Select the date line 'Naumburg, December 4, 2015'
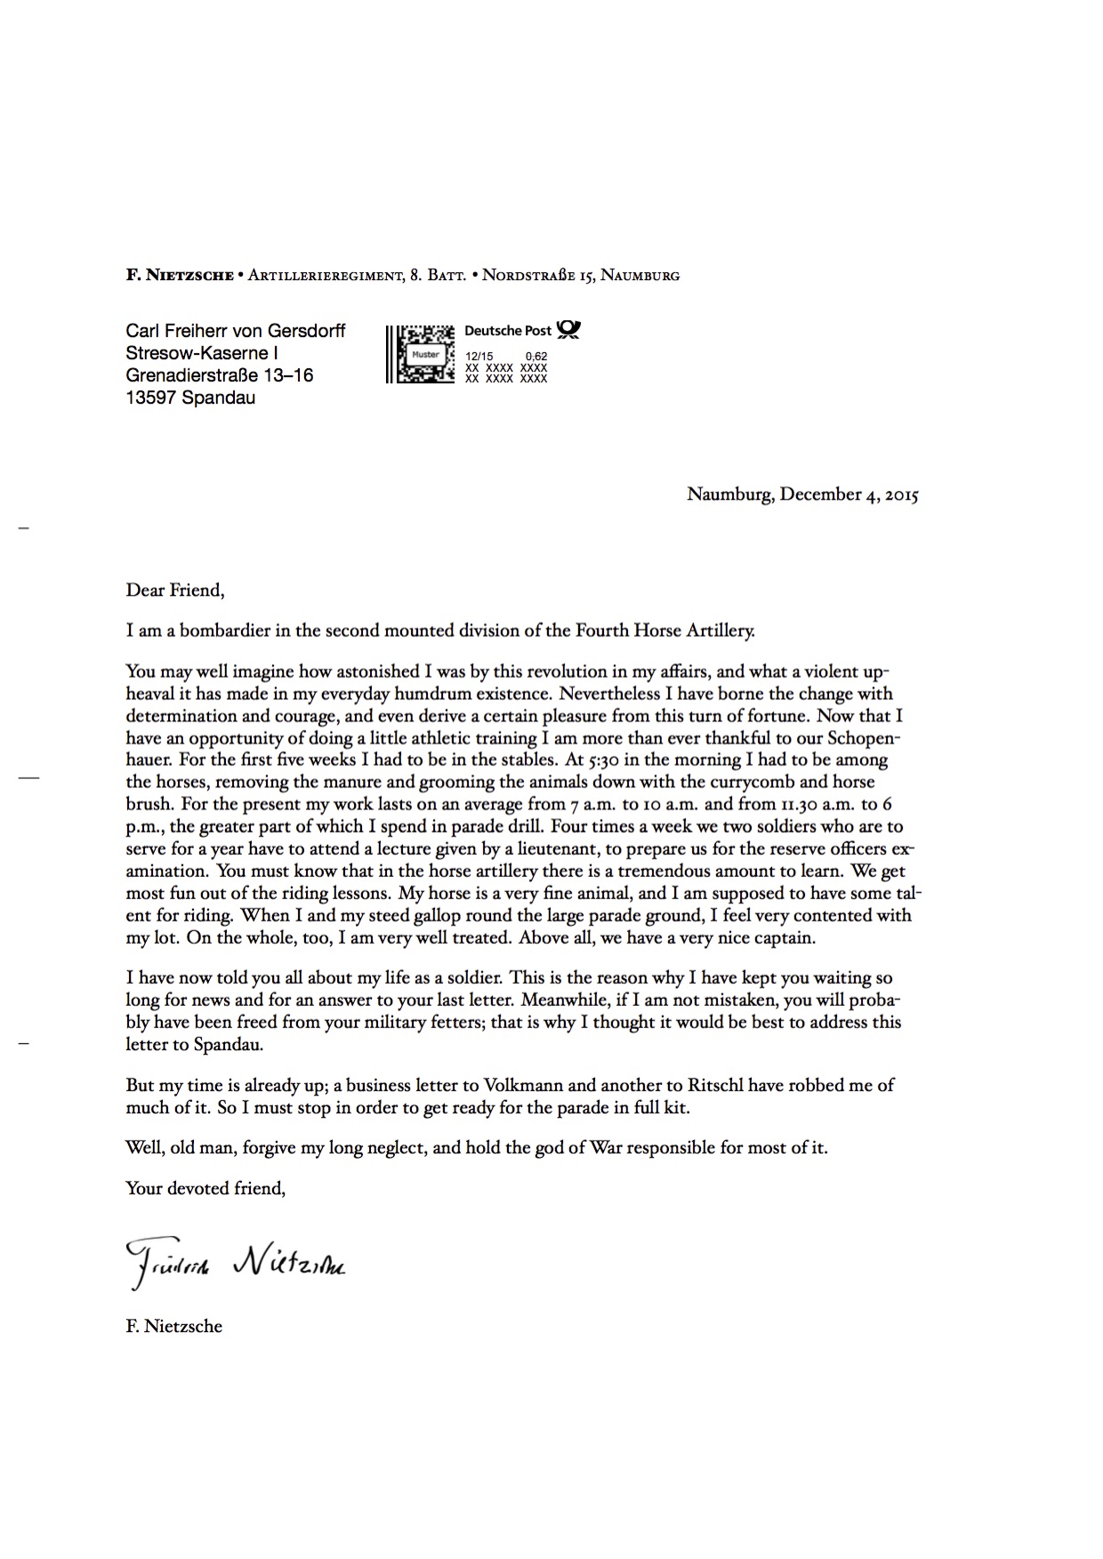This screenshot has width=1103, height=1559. [801, 494]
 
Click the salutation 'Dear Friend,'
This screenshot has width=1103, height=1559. [175, 590]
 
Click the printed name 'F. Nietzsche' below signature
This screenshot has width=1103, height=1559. [174, 1326]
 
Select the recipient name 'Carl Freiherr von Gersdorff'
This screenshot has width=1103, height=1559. [236, 332]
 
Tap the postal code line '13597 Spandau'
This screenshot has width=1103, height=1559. [190, 398]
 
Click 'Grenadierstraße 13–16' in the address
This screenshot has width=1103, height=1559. [220, 375]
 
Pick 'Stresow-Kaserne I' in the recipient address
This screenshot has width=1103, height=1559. [202, 353]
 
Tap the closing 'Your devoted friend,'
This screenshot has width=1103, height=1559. [205, 1188]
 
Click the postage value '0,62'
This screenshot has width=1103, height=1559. [536, 357]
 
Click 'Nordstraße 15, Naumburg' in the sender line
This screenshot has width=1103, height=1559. [581, 276]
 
